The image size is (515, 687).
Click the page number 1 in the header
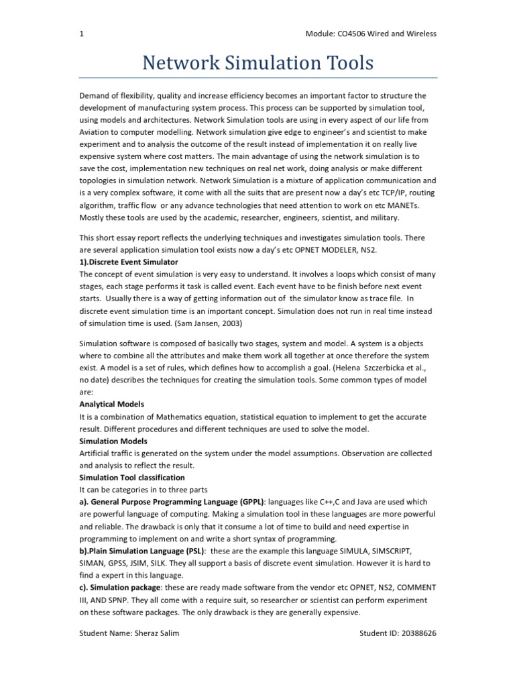[x=82, y=34]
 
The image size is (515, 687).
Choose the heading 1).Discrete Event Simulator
[x=129, y=262]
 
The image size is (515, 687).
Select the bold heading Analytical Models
[x=112, y=405]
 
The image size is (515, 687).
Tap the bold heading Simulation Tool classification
[x=132, y=477]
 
